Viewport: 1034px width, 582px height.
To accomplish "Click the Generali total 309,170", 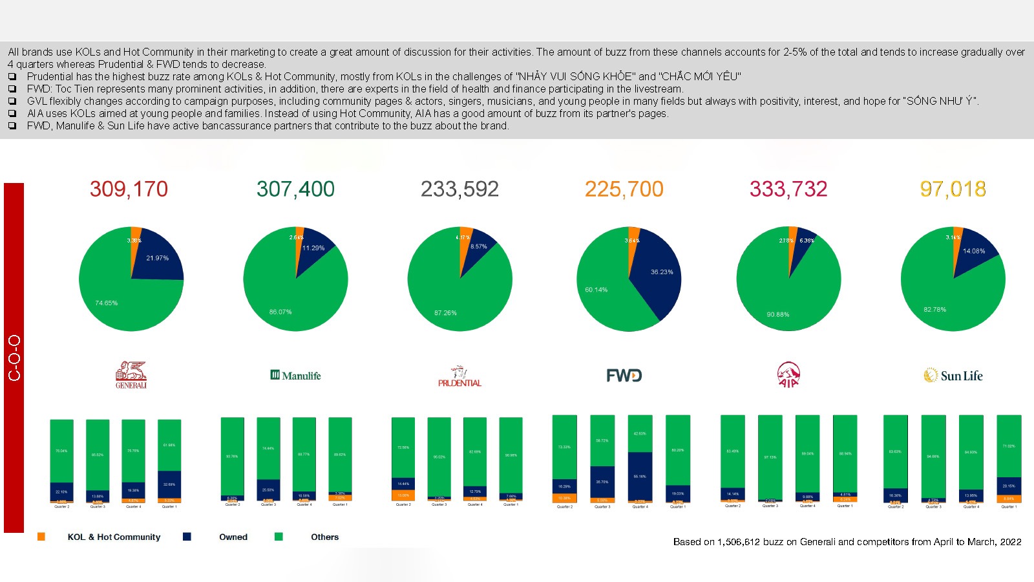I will point(129,189).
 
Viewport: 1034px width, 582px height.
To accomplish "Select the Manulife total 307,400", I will point(295,189).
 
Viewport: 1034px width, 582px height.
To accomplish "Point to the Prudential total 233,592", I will point(459,189).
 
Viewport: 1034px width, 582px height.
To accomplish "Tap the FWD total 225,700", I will point(624,189).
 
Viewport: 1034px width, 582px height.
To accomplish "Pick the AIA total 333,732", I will point(788,189).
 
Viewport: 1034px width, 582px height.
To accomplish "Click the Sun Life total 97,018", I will point(953,189).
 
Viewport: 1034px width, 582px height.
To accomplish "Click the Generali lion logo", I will point(131,374).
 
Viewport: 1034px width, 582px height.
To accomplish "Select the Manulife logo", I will point(295,375).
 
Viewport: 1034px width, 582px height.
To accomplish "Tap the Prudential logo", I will point(459,376).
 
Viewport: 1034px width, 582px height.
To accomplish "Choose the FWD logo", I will point(624,376).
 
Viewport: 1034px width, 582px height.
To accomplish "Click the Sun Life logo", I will point(953,376).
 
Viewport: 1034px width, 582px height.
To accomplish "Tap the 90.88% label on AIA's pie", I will point(778,314).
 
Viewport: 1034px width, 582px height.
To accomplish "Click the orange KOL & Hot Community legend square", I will point(41,537).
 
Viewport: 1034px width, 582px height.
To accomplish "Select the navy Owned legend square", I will point(187,537).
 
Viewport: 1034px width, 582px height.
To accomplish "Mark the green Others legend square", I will point(279,537).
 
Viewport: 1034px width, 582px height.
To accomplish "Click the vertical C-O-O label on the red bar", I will point(14,358).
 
